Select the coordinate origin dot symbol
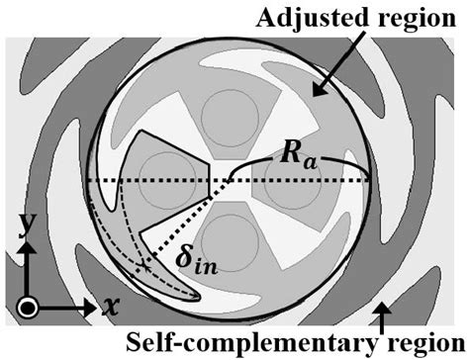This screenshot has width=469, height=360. coord(28,306)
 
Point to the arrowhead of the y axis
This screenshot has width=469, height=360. coord(28,244)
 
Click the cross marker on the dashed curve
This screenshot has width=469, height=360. coord(145,265)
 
